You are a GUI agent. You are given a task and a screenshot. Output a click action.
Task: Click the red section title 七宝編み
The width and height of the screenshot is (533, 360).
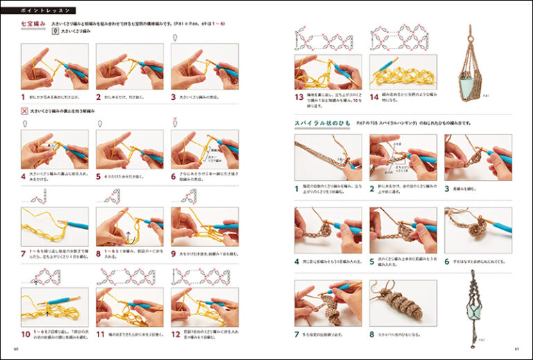[33, 24]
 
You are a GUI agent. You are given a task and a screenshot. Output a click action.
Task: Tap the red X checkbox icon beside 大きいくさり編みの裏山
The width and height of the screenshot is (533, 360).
[25, 111]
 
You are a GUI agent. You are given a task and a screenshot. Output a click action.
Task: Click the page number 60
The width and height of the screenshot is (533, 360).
[16, 348]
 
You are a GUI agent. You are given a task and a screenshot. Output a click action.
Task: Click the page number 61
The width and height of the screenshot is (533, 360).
[516, 348]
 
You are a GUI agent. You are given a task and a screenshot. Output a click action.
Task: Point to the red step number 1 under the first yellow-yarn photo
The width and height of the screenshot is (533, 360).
[23, 98]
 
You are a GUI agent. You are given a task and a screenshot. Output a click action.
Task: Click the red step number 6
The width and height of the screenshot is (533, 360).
[174, 176]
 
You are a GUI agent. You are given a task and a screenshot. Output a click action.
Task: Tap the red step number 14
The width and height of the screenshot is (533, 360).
[373, 98]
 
